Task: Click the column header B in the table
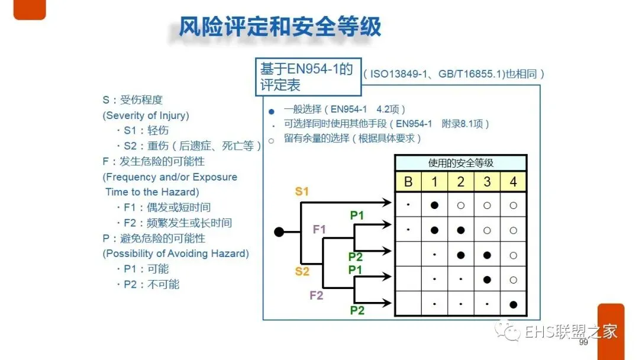click(408, 182)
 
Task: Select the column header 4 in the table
click(513, 182)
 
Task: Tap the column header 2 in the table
click(461, 182)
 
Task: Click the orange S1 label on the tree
click(302, 191)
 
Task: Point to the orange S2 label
click(302, 272)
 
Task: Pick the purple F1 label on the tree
click(319, 229)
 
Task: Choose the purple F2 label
click(317, 295)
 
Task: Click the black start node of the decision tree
click(279, 232)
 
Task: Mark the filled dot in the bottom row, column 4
click(513, 304)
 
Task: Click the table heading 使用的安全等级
click(460, 163)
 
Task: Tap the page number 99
click(583, 343)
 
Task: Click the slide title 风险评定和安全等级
click(280, 27)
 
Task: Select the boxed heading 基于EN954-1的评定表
click(308, 77)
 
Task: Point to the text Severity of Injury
click(146, 115)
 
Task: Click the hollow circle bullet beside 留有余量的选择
click(272, 140)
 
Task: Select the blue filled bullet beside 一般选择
click(272, 111)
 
